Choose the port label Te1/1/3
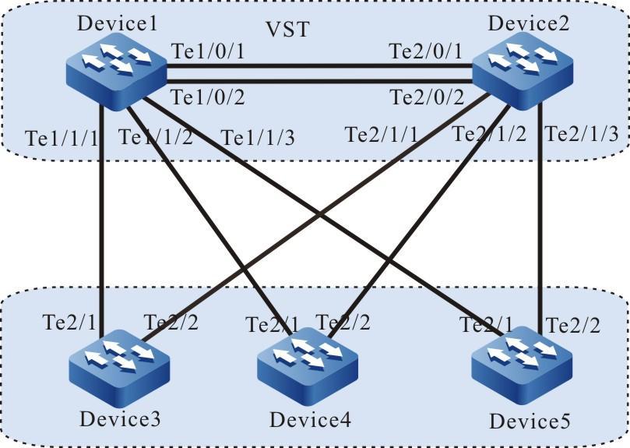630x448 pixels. tap(248, 137)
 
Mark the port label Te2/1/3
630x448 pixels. tap(582, 133)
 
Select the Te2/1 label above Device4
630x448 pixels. tap(272, 322)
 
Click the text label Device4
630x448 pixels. tap(308, 419)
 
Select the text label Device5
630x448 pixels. tap(529, 422)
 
